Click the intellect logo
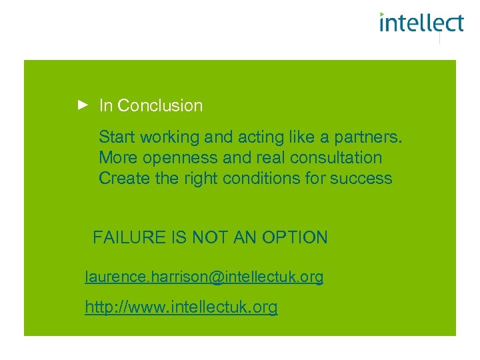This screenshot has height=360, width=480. click(421, 23)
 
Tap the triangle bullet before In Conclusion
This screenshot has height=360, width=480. click(82, 105)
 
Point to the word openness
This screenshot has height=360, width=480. click(172, 158)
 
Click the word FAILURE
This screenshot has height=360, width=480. click(127, 237)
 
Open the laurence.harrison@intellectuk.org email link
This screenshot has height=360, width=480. click(204, 277)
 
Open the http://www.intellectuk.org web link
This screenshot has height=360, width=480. click(181, 307)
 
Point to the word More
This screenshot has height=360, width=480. click(116, 158)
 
